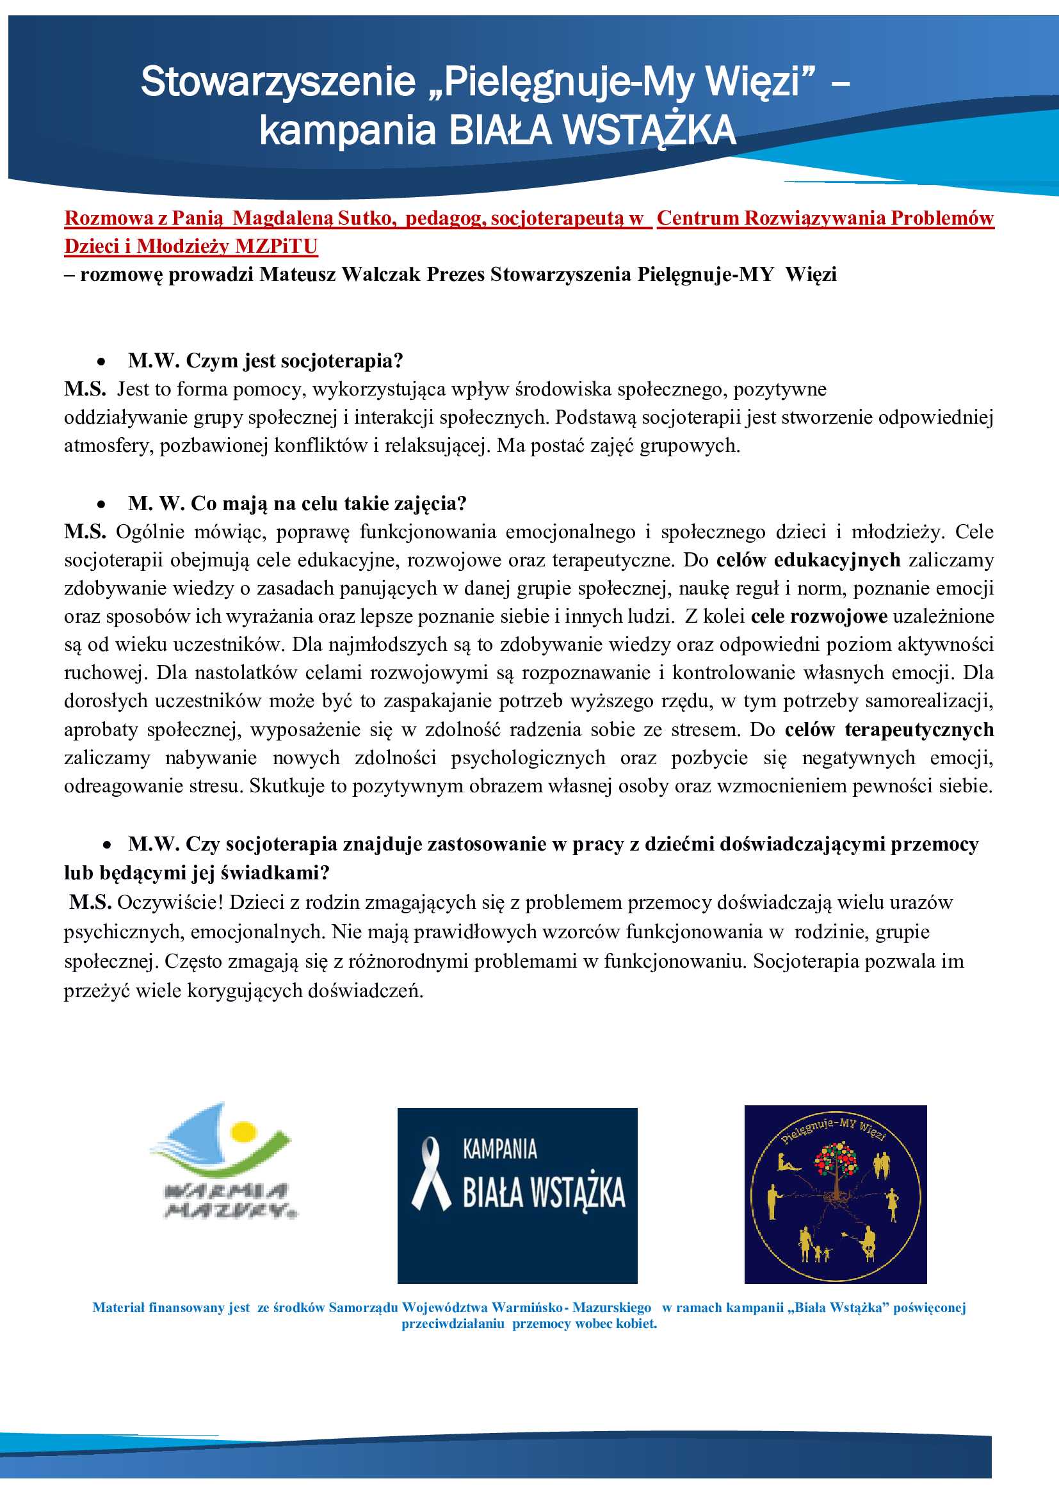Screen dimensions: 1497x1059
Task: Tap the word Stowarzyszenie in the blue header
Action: (279, 82)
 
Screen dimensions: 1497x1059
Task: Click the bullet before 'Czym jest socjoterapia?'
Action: (101, 361)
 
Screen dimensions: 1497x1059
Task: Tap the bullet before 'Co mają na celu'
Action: (101, 504)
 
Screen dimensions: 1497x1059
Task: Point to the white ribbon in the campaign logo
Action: (430, 1174)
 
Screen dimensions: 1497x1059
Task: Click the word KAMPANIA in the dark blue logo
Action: (499, 1149)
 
